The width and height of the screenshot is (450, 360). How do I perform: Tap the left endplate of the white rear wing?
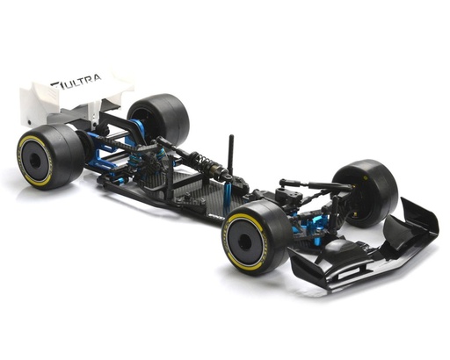pos(33,99)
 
